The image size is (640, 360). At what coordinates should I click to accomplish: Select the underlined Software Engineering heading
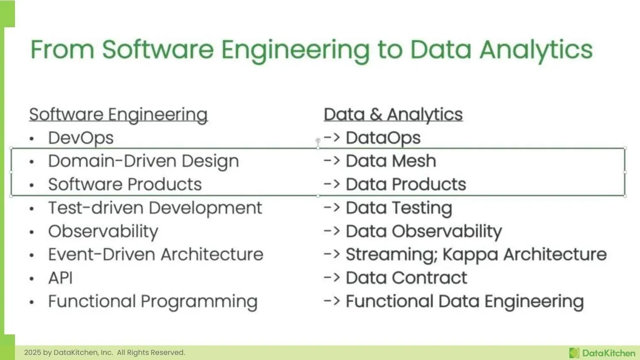click(118, 115)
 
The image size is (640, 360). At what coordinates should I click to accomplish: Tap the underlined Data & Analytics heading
click(393, 115)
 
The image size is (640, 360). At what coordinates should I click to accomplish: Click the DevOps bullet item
click(81, 138)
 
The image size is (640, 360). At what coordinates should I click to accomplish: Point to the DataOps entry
click(383, 138)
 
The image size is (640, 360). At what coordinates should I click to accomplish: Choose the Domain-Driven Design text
click(143, 161)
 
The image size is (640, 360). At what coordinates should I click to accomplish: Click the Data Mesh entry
click(390, 161)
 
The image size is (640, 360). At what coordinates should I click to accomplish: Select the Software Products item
click(125, 185)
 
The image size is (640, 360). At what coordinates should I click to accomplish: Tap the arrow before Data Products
click(332, 185)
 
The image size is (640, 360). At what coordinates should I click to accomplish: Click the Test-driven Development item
click(155, 208)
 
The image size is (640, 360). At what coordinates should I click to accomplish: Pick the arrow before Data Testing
click(332, 208)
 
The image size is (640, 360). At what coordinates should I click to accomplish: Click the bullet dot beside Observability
click(32, 232)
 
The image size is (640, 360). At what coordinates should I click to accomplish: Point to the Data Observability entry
click(423, 232)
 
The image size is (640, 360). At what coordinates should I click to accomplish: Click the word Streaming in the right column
click(391, 255)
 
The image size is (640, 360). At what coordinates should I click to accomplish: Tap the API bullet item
click(60, 278)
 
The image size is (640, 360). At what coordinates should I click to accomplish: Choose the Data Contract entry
click(406, 278)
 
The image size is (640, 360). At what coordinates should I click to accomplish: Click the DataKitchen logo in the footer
click(602, 353)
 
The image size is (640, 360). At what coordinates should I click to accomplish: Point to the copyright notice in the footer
click(105, 353)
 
